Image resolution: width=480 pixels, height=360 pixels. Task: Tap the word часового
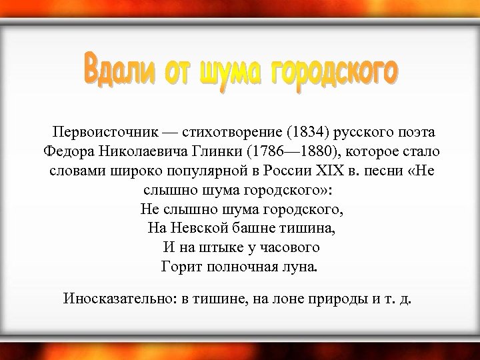point(291,247)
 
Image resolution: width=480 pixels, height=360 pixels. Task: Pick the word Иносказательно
point(117,297)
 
